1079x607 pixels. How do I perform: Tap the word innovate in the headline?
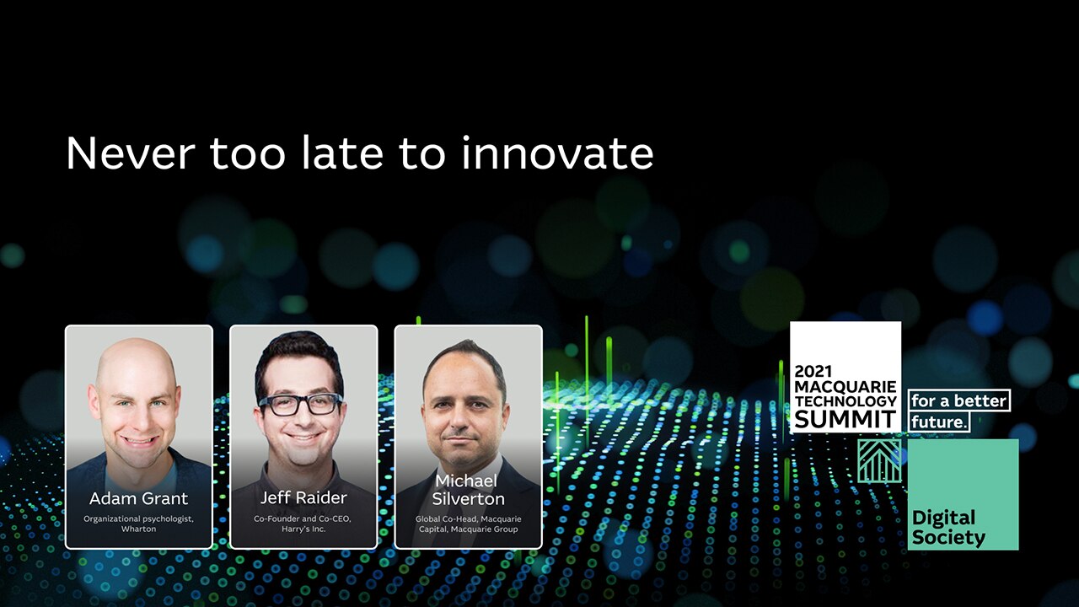557,153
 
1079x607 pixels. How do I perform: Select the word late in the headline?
342,153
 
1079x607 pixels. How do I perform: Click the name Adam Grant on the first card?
139,498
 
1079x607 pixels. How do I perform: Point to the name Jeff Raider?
303,497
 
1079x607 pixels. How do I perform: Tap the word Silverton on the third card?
468,498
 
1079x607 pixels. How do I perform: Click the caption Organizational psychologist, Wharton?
139,524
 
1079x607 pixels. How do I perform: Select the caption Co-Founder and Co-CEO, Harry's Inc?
303,524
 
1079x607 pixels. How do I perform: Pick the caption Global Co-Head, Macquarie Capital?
468,524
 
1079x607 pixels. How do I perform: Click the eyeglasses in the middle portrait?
301,404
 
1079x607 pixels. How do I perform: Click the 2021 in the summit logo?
813,372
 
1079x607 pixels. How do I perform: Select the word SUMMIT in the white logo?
845,419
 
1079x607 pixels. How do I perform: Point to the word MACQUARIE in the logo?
845,387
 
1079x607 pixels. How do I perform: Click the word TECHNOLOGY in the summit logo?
845,401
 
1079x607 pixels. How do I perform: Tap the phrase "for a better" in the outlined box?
959,400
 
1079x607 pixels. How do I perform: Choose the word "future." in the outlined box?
939,422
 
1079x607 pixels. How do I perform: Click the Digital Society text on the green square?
948,528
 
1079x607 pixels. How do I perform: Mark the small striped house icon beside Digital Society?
879,461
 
